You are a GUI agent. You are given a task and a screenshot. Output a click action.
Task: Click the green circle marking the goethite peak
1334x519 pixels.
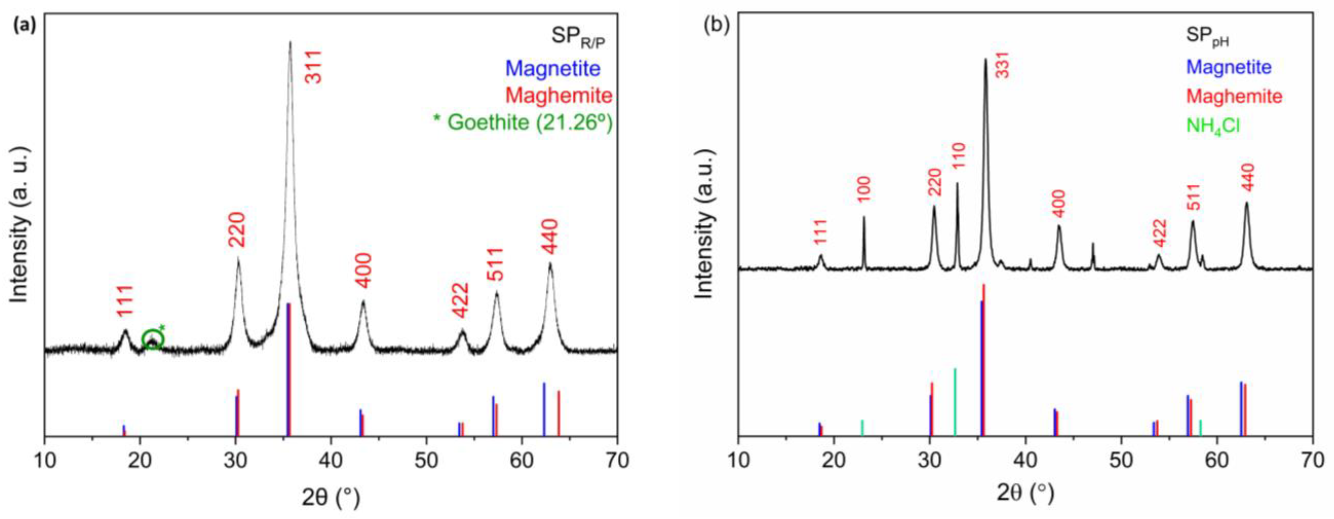(153, 340)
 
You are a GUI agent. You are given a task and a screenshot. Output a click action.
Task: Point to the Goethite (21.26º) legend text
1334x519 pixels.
(523, 122)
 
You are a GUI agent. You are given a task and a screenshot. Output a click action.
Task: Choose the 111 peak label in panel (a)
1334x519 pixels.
(125, 301)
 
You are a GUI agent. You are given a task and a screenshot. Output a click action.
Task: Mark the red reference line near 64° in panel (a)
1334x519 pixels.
(559, 413)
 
